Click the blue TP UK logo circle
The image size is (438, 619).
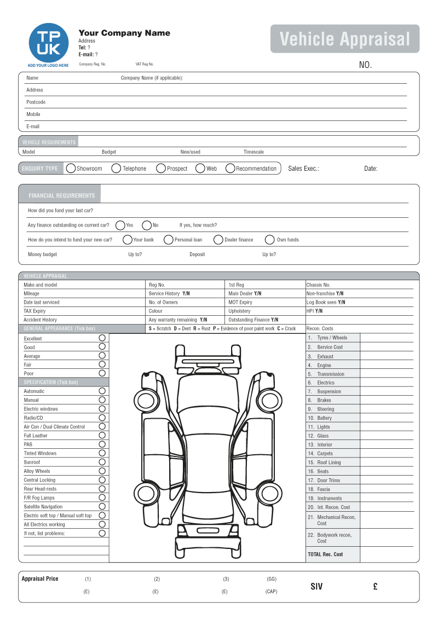coord(49,43)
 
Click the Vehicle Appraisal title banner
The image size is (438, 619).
coord(345,39)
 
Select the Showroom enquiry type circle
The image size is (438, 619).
coord(71,169)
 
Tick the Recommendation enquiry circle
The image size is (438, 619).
coord(230,169)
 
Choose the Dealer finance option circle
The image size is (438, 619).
coord(218,240)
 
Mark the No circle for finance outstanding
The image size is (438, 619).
coord(147,225)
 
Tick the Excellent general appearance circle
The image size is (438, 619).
coord(102,338)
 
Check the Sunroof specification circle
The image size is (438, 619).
coord(102,462)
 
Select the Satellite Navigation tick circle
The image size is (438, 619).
coord(102,506)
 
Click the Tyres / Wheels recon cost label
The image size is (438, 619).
coord(332,338)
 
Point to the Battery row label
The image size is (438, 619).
coord(324,418)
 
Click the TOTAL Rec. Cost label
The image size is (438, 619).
coord(325,554)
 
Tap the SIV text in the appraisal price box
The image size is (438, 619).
coord(316,587)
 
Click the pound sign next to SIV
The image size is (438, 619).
coord(375,587)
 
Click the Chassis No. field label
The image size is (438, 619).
coord(319,285)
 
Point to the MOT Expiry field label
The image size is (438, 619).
coord(240,303)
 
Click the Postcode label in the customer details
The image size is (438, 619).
coord(36,102)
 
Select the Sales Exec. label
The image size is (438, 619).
coord(303,169)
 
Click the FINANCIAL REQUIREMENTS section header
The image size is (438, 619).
coord(62,195)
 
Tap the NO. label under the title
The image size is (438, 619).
coord(365,65)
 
